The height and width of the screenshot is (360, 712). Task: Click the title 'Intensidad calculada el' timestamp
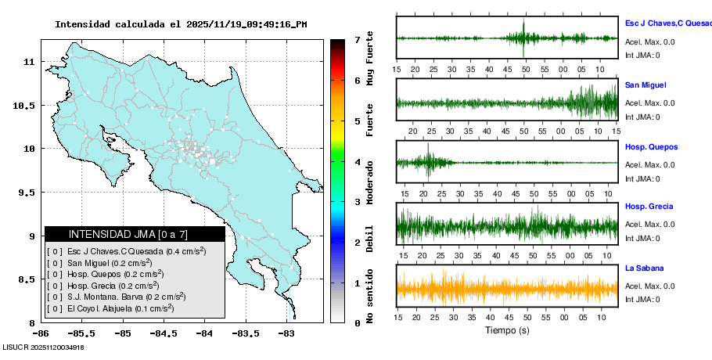[181, 24]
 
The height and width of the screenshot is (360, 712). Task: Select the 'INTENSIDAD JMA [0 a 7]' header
[134, 234]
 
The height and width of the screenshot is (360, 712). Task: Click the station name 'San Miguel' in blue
[645, 85]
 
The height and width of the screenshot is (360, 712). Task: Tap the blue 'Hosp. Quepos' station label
[651, 147]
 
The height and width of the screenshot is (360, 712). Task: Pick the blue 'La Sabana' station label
[644, 268]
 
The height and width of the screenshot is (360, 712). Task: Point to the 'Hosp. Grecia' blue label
[650, 207]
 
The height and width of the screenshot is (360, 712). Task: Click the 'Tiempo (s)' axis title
[507, 330]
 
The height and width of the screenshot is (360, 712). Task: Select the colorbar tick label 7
[356, 39]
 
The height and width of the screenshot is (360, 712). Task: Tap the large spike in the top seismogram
[523, 37]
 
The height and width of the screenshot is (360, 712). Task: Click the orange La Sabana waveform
[507, 289]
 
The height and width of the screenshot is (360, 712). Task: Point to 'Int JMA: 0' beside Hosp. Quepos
[642, 178]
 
